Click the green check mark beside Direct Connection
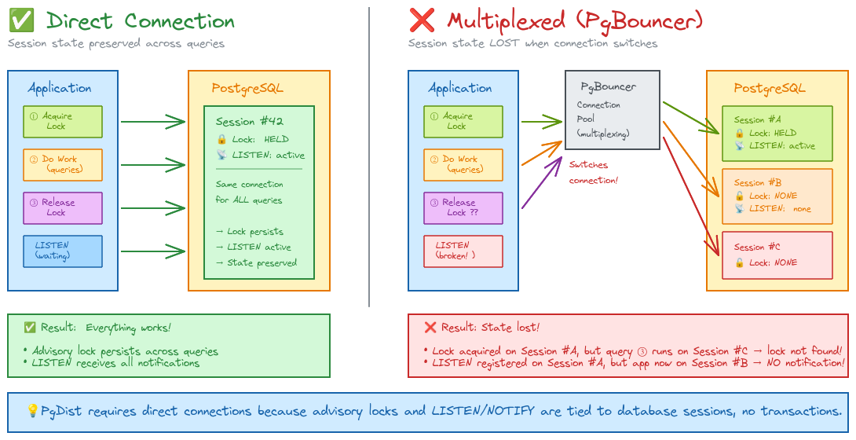[20, 20]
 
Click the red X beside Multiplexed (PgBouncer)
[421, 20]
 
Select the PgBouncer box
[612, 109]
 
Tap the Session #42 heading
[249, 122]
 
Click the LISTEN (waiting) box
[63, 251]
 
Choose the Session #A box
[777, 133]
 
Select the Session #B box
[777, 196]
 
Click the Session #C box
[777, 255]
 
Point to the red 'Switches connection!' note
[594, 172]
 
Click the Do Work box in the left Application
[63, 164]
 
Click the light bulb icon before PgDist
[32, 411]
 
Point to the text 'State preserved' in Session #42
[260, 263]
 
